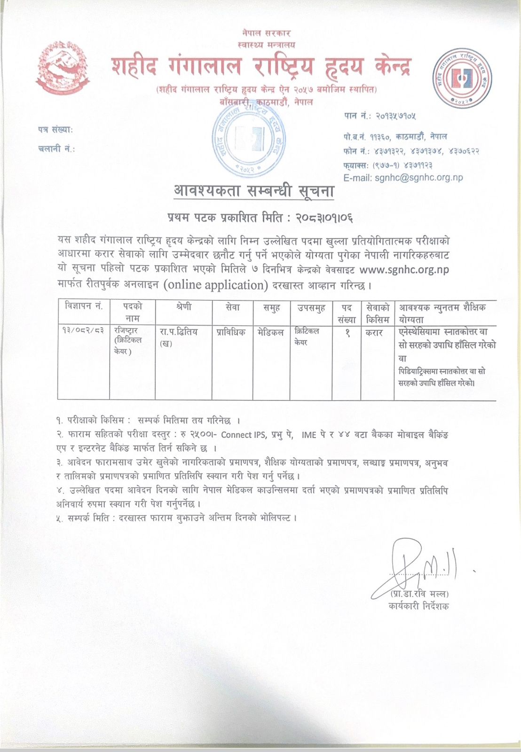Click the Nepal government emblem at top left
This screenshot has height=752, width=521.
[x=63, y=68]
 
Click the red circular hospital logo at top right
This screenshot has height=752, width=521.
[x=462, y=78]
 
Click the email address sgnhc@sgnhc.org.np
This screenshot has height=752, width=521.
[x=403, y=178]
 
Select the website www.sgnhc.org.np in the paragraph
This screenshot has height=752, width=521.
[x=404, y=270]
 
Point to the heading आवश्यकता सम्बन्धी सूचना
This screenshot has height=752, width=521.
[x=254, y=192]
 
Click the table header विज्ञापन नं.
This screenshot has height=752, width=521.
[x=84, y=306]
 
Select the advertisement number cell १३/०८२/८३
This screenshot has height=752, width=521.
[x=83, y=331]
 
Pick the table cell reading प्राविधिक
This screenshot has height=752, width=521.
[x=231, y=332]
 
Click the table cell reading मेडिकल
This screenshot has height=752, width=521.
[x=271, y=332]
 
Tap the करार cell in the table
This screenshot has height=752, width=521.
[x=374, y=333]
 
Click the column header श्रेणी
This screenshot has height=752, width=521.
[x=183, y=306]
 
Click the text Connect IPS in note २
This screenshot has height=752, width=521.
[x=243, y=435]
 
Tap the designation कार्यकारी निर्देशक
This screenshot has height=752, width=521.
[x=418, y=606]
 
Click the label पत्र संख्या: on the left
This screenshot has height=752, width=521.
[x=55, y=130]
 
